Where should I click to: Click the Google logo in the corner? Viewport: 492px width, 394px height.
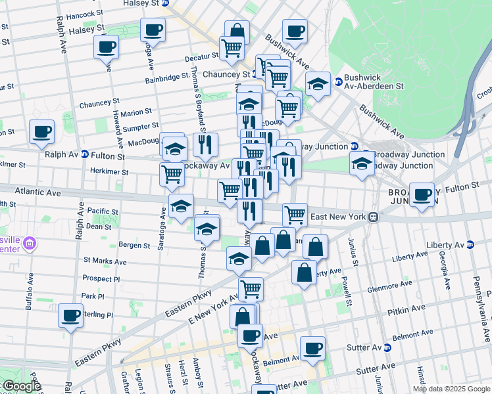tap(21, 386)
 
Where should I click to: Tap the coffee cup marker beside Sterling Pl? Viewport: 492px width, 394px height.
tap(70, 315)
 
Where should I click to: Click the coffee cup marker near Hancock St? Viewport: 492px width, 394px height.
tap(153, 29)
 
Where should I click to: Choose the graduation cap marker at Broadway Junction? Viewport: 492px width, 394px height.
tap(362, 164)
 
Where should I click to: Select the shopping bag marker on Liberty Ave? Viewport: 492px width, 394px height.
tap(304, 273)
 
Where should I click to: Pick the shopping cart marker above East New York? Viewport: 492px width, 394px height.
tap(295, 214)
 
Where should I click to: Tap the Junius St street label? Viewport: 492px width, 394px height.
tap(353, 252)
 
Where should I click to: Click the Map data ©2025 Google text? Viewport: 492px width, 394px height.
tap(451, 389)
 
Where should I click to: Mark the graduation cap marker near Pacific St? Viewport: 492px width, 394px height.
tap(181, 206)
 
